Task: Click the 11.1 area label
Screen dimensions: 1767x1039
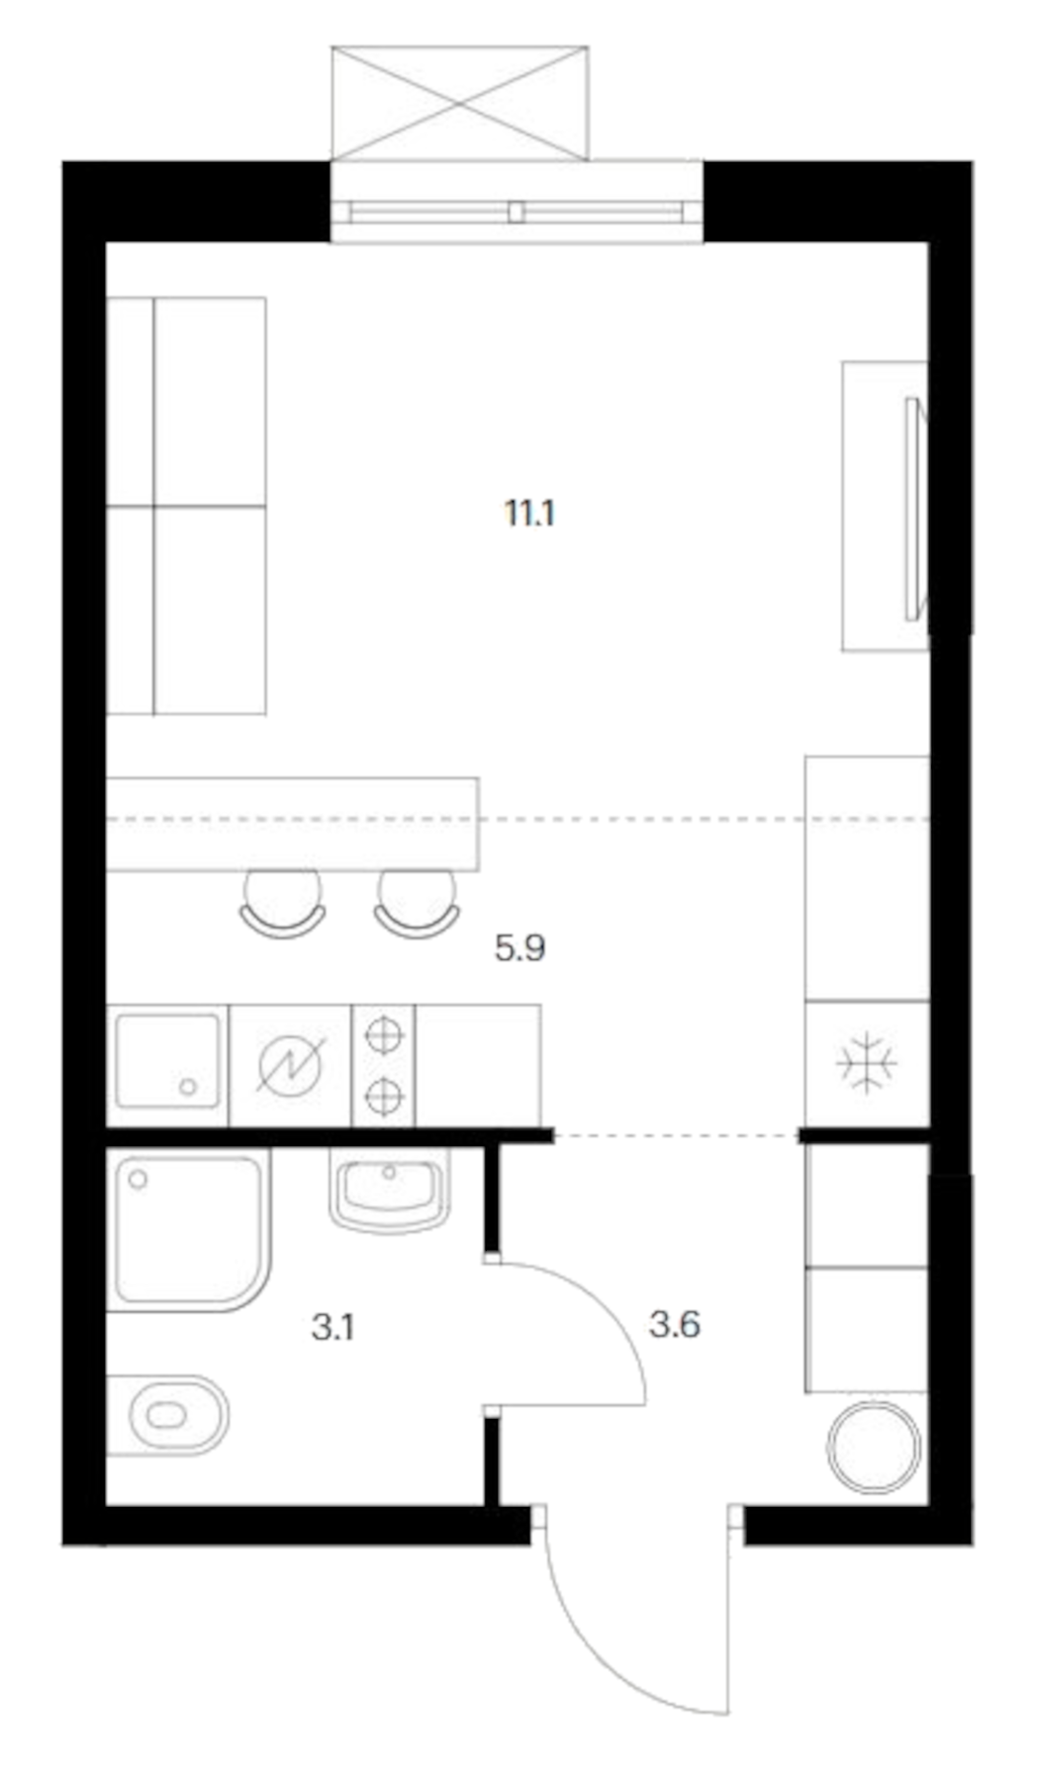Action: [529, 514]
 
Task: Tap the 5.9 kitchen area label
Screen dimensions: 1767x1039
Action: [520, 949]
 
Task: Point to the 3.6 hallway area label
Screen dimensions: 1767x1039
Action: [675, 1324]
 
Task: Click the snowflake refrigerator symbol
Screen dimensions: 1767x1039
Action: [866, 1064]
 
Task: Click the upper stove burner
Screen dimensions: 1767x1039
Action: [384, 1035]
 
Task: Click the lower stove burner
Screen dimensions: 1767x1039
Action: [384, 1096]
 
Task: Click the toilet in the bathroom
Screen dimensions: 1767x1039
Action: [168, 1415]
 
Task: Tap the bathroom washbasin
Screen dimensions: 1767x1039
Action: [390, 1190]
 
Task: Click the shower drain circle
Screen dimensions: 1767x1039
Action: [138, 1179]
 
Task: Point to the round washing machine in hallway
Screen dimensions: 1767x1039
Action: [875, 1446]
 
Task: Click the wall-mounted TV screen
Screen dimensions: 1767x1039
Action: [911, 508]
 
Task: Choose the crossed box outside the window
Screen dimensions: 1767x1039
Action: [460, 103]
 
